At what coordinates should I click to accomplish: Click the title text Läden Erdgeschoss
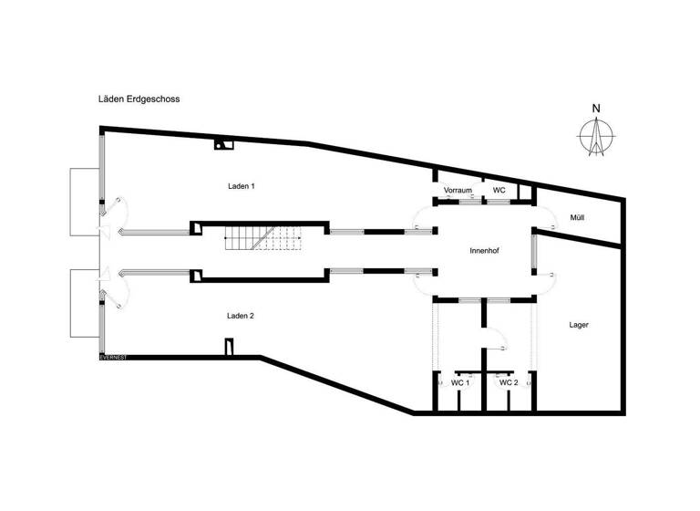pos(139,99)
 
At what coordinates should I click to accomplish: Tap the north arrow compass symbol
pos(597,138)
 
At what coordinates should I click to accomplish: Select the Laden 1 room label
pos(241,186)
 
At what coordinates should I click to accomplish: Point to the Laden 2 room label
pos(241,316)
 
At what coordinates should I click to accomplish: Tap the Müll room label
pos(577,217)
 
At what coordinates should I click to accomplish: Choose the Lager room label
pos(578,324)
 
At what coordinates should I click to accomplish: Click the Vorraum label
pos(458,190)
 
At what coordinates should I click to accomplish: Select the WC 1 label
pos(459,383)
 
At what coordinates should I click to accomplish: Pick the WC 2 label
pos(509,383)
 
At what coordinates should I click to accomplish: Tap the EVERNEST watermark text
pos(113,357)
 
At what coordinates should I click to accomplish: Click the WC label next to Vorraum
pos(499,190)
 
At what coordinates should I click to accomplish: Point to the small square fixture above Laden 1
pos(220,143)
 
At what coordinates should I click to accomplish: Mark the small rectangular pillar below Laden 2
pos(228,346)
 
